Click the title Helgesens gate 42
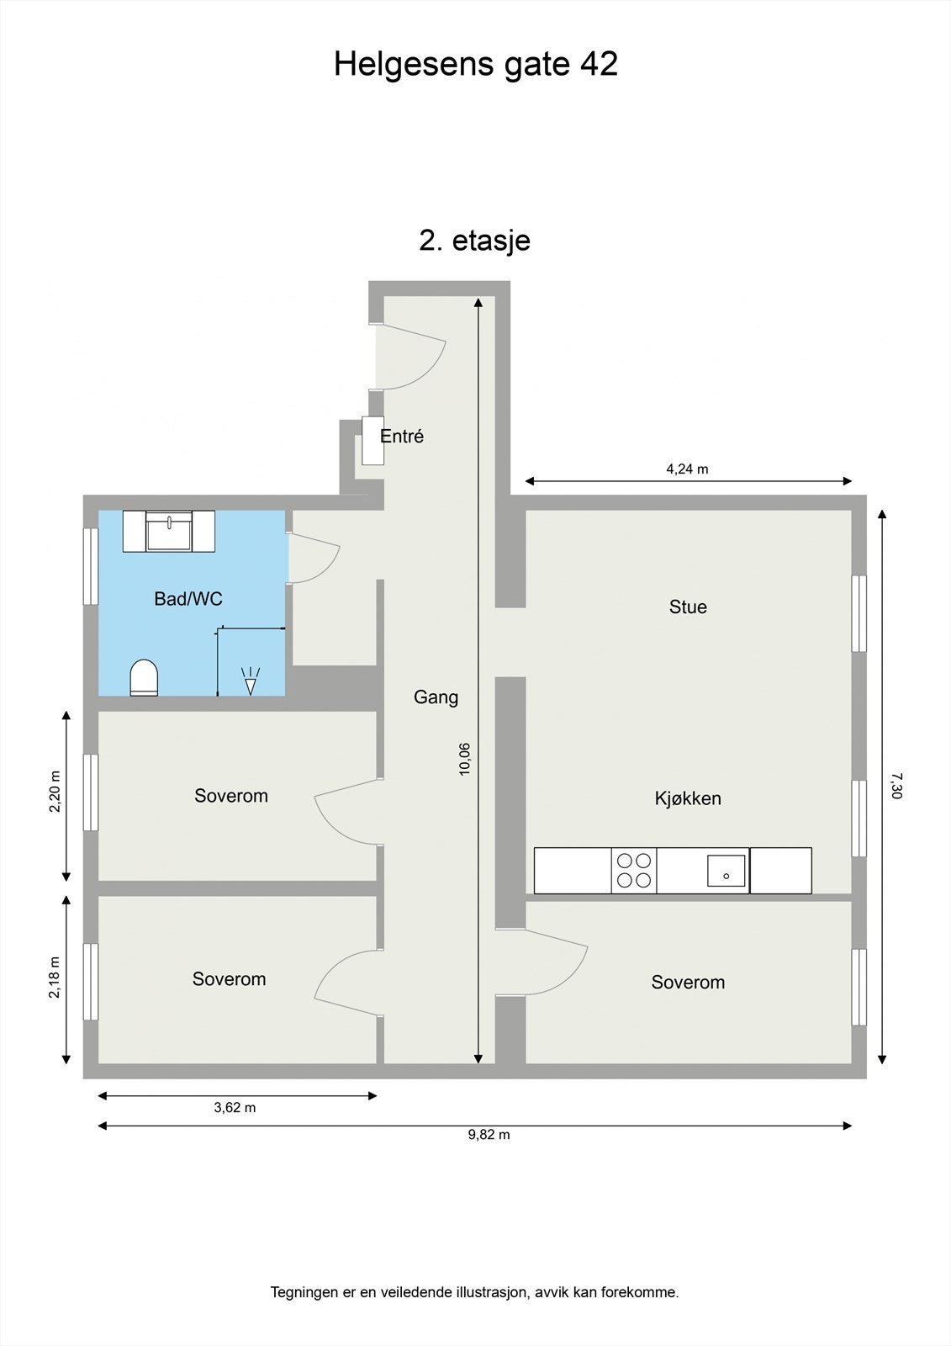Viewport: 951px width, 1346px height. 475,64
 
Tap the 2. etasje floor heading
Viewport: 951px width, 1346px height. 474,241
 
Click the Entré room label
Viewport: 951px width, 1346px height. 402,437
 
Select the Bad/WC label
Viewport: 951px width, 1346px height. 188,598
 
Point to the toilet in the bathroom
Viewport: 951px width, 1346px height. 144,678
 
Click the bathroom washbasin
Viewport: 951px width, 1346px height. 169,532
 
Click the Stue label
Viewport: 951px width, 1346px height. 688,607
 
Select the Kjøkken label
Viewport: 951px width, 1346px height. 688,798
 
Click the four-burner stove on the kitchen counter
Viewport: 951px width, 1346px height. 634,870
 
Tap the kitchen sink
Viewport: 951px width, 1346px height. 726,871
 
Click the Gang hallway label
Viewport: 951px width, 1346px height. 436,697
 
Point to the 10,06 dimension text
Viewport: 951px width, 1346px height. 464,760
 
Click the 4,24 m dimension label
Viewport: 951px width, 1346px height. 687,469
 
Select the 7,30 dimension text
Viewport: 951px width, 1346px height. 896,786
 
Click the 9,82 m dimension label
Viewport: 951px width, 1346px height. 489,1135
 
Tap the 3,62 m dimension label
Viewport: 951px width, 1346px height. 235,1107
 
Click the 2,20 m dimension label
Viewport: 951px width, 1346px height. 55,791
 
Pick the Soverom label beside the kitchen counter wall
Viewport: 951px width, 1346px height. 688,982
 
